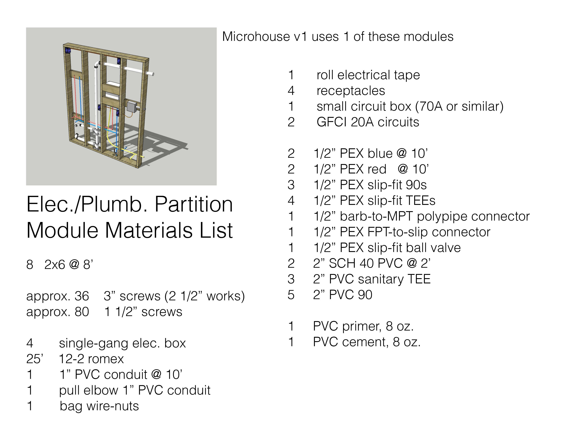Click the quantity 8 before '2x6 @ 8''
click(x=30, y=264)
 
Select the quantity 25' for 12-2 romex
click(x=35, y=359)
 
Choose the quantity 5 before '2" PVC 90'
click(x=291, y=295)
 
